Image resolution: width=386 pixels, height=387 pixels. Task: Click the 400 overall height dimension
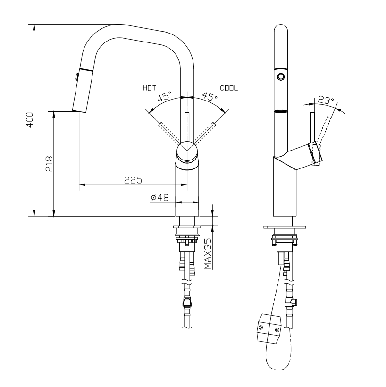pos(29,120)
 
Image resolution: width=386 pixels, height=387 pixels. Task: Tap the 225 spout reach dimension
pos(134,179)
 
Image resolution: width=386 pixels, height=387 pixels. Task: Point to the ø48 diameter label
pos(160,198)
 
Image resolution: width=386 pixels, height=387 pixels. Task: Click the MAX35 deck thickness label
pos(208,253)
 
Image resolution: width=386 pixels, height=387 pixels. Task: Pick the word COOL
pos(229,88)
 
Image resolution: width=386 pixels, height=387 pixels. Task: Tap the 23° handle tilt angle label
pos(325,101)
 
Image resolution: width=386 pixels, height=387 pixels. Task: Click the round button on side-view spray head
pos(281,76)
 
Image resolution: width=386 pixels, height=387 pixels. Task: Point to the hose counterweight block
pos(269,326)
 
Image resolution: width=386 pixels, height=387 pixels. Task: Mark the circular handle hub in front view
pos(187,151)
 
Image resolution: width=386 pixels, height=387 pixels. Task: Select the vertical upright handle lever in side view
pos(312,127)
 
